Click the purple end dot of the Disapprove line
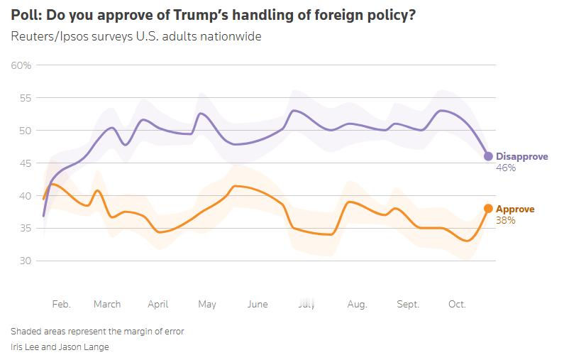tap(488, 156)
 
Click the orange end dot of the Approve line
tap(488, 209)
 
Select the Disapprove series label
tap(521, 156)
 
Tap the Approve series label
tap(515, 209)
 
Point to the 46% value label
tap(506, 168)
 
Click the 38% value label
tap(505, 221)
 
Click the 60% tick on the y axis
tap(21, 66)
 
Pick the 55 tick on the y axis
tap(25, 98)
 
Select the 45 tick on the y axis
tap(25, 163)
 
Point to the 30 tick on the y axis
tap(25, 261)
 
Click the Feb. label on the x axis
tap(62, 304)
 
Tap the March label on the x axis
tap(107, 304)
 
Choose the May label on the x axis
tap(206, 304)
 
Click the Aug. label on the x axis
tap(357, 304)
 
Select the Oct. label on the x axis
tap(457, 304)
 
